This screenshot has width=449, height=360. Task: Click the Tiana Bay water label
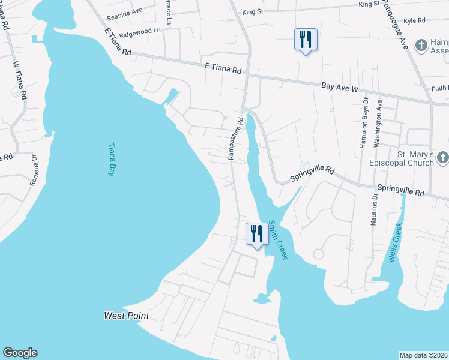pyautogui.click(x=111, y=159)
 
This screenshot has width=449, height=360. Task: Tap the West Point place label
pyautogui.click(x=126, y=316)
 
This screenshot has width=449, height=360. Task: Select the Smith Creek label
pyautogui.click(x=278, y=239)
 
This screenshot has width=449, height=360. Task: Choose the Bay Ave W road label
pyautogui.click(x=339, y=88)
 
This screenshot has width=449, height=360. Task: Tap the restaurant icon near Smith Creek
pyautogui.click(x=257, y=233)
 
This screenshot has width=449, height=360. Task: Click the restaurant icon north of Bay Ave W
pyautogui.click(x=306, y=40)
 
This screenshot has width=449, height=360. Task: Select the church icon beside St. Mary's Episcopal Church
pyautogui.click(x=442, y=158)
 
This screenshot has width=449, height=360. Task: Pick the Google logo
pyautogui.click(x=20, y=353)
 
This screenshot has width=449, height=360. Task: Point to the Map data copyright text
pyautogui.click(x=424, y=355)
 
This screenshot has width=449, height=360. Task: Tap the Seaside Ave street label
pyautogui.click(x=124, y=11)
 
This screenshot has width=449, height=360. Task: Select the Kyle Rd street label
pyautogui.click(x=414, y=21)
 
